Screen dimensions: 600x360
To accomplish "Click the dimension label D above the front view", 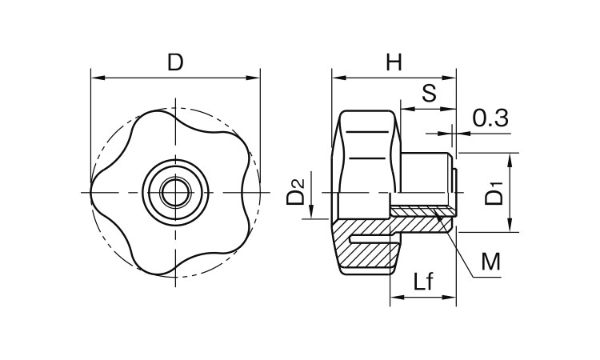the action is [x=175, y=62].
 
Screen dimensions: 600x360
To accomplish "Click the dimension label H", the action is [x=394, y=62].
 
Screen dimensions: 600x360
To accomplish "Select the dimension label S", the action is [x=429, y=93].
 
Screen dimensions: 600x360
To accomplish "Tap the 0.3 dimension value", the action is [x=490, y=118].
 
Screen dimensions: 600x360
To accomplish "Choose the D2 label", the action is [x=295, y=192].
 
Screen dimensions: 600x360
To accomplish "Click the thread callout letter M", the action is [x=490, y=262].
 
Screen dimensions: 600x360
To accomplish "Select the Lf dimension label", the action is [x=423, y=282].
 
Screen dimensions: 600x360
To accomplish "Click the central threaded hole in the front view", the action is [x=176, y=192].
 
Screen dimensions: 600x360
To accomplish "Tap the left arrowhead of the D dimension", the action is [x=97, y=78].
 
